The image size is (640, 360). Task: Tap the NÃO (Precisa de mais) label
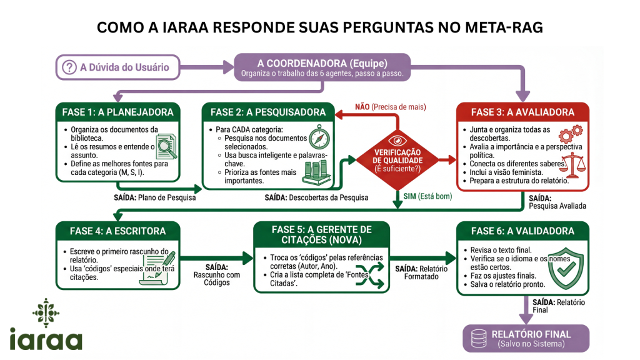point(391,107)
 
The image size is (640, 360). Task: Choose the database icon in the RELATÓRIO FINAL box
point(479,338)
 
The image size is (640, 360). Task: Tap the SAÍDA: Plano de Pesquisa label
point(154,197)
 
